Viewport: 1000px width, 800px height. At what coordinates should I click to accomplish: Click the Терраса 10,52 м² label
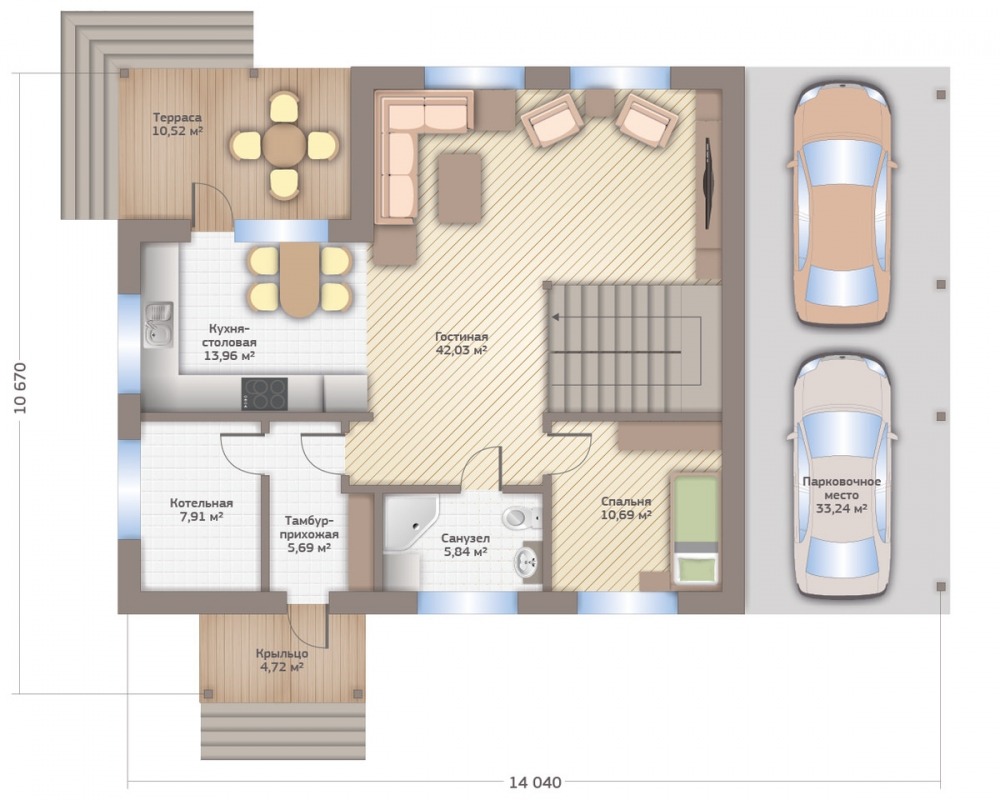pyautogui.click(x=177, y=124)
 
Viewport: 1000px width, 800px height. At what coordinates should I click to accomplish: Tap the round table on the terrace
pyautogui.click(x=284, y=145)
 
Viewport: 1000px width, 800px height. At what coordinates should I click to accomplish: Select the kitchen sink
pyautogui.click(x=158, y=324)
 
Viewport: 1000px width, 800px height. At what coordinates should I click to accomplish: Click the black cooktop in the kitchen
pyautogui.click(x=264, y=394)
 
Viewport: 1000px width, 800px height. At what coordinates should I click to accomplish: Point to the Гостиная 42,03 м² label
pyautogui.click(x=462, y=343)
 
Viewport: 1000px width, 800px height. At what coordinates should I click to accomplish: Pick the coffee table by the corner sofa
pyautogui.click(x=460, y=188)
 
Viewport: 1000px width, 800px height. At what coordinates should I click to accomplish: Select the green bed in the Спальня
pyautogui.click(x=695, y=529)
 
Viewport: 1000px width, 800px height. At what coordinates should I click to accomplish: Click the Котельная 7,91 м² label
pyautogui.click(x=201, y=509)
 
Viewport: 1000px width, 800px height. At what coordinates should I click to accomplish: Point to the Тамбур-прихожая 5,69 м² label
pyautogui.click(x=309, y=533)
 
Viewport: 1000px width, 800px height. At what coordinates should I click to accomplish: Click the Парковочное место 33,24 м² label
pyautogui.click(x=841, y=495)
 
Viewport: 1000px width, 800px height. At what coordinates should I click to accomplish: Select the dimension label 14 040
pyautogui.click(x=535, y=782)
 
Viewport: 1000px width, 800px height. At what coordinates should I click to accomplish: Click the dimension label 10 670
pyautogui.click(x=20, y=388)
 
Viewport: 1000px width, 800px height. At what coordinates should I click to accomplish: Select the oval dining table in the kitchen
pyautogui.click(x=300, y=279)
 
